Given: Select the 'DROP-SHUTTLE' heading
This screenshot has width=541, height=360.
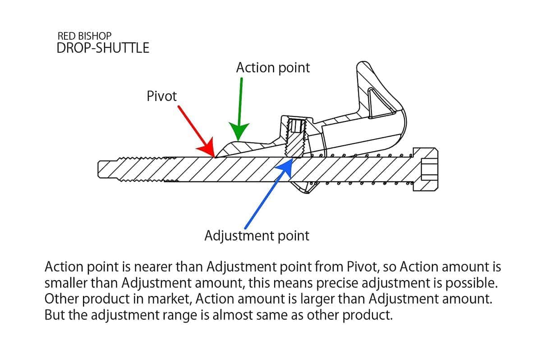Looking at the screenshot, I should pos(103,48).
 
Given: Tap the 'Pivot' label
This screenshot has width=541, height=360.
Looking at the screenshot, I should pos(162,96).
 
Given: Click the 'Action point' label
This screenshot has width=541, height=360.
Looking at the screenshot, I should pos(273,68).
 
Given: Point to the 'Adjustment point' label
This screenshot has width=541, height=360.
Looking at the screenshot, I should pos(257,235).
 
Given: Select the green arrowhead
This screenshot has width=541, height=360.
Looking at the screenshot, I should pos(238,131).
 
